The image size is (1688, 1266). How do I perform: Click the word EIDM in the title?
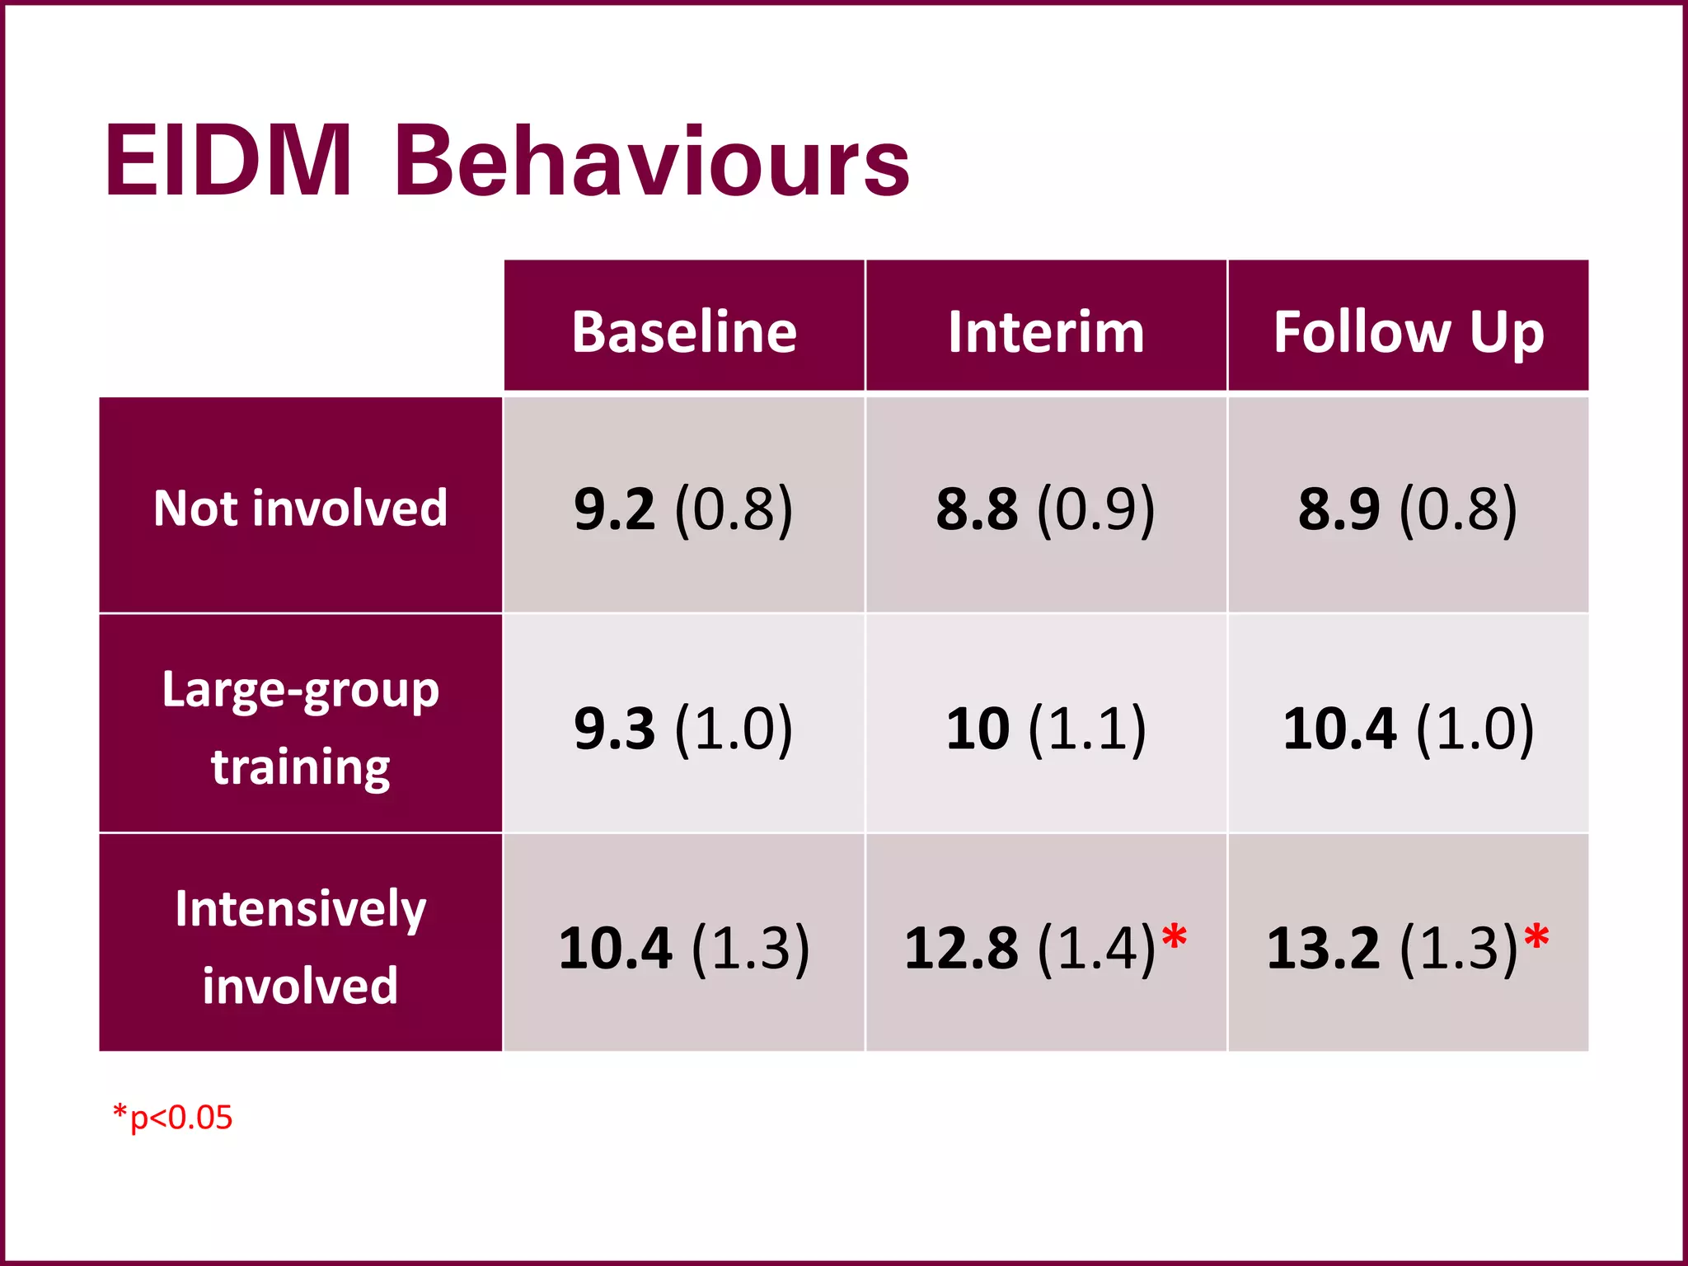coord(228,162)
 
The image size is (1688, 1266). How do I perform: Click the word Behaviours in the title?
coord(651,162)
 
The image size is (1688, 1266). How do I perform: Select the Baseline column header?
coord(684,331)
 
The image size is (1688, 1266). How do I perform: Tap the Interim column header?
coord(1046,331)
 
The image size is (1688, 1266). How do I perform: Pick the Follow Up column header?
coord(1408,331)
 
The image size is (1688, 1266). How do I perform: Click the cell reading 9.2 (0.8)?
coord(684,509)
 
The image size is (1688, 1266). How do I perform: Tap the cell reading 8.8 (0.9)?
coord(1046,509)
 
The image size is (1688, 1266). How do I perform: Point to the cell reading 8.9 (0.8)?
coord(1408,509)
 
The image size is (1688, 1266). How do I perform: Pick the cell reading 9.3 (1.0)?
coord(684,729)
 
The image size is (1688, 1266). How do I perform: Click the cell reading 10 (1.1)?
coord(1046,729)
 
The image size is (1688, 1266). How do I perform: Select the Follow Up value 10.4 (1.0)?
coord(1408,729)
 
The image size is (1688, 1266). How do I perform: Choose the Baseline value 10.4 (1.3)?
coord(684,948)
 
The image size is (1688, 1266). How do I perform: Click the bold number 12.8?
coord(961,948)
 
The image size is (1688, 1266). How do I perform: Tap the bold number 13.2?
coord(1323,948)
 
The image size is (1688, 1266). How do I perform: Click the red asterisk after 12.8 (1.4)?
coord(1174,938)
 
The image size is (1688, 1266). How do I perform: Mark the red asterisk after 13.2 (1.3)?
coord(1536,938)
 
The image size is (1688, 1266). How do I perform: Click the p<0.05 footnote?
coord(173,1118)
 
